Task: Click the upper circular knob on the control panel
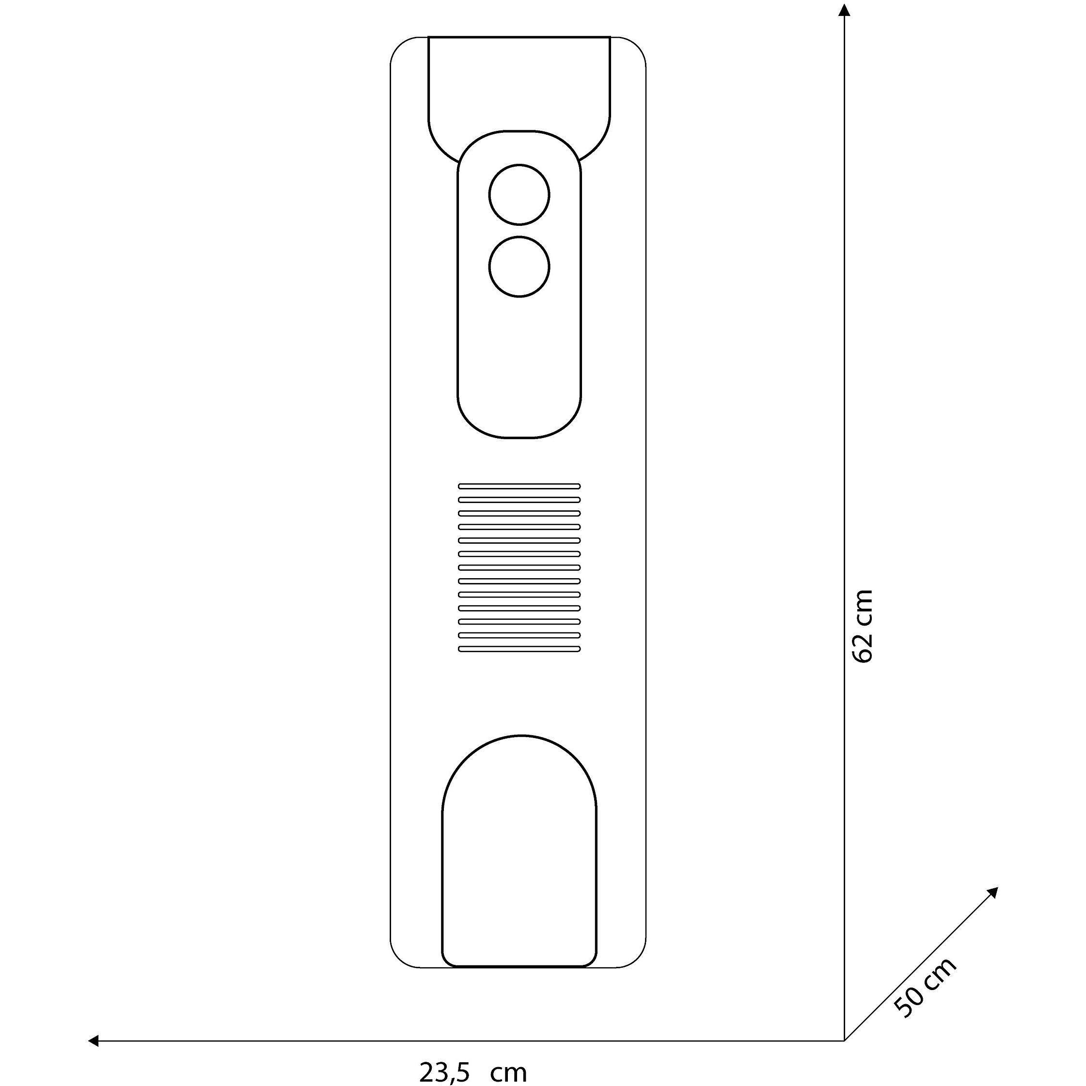[519, 194]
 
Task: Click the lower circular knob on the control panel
[519, 267]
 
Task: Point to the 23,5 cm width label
[473, 1072]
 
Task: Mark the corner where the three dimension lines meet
[844, 1041]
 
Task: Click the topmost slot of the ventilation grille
[519, 486]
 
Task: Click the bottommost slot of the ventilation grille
[519, 649]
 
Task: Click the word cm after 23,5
[508, 1072]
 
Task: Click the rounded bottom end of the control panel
[519, 427]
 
